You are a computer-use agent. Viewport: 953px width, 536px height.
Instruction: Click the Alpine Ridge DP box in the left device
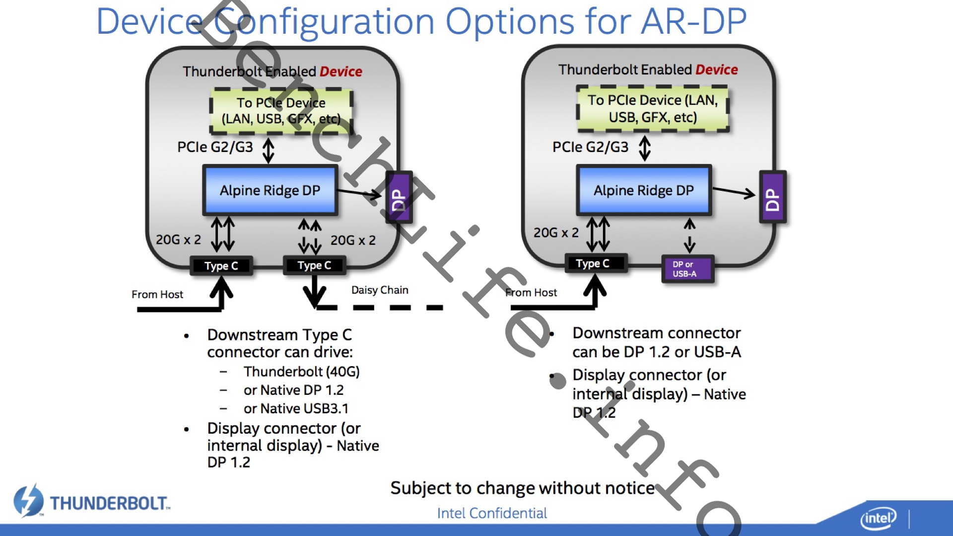tap(270, 191)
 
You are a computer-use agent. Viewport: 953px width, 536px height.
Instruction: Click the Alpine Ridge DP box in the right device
tap(644, 191)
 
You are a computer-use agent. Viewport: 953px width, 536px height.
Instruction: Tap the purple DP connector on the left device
tap(399, 197)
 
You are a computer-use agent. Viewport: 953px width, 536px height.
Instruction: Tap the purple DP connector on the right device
tap(772, 197)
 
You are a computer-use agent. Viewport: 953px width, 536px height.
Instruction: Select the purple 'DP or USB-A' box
tap(687, 269)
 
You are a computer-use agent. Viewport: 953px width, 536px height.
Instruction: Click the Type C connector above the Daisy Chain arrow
tap(314, 265)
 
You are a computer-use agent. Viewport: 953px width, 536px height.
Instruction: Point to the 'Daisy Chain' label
tap(380, 290)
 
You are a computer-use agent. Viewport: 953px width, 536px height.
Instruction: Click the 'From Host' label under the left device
tap(157, 295)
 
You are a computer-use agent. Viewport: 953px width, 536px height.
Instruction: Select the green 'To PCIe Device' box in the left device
tap(281, 111)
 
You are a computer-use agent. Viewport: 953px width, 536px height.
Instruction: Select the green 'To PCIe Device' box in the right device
tap(653, 109)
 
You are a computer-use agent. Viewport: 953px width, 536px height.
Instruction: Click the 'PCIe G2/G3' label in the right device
tap(590, 147)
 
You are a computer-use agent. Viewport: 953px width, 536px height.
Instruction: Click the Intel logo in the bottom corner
tap(878, 518)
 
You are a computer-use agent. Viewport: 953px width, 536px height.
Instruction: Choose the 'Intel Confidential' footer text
tap(492, 513)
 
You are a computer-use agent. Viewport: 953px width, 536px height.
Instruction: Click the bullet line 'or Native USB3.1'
tap(296, 408)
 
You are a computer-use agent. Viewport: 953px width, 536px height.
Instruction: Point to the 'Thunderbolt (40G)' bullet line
tap(301, 372)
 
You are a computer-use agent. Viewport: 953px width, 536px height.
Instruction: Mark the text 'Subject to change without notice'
tap(522, 488)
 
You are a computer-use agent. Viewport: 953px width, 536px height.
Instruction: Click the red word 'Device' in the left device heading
tap(341, 72)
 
